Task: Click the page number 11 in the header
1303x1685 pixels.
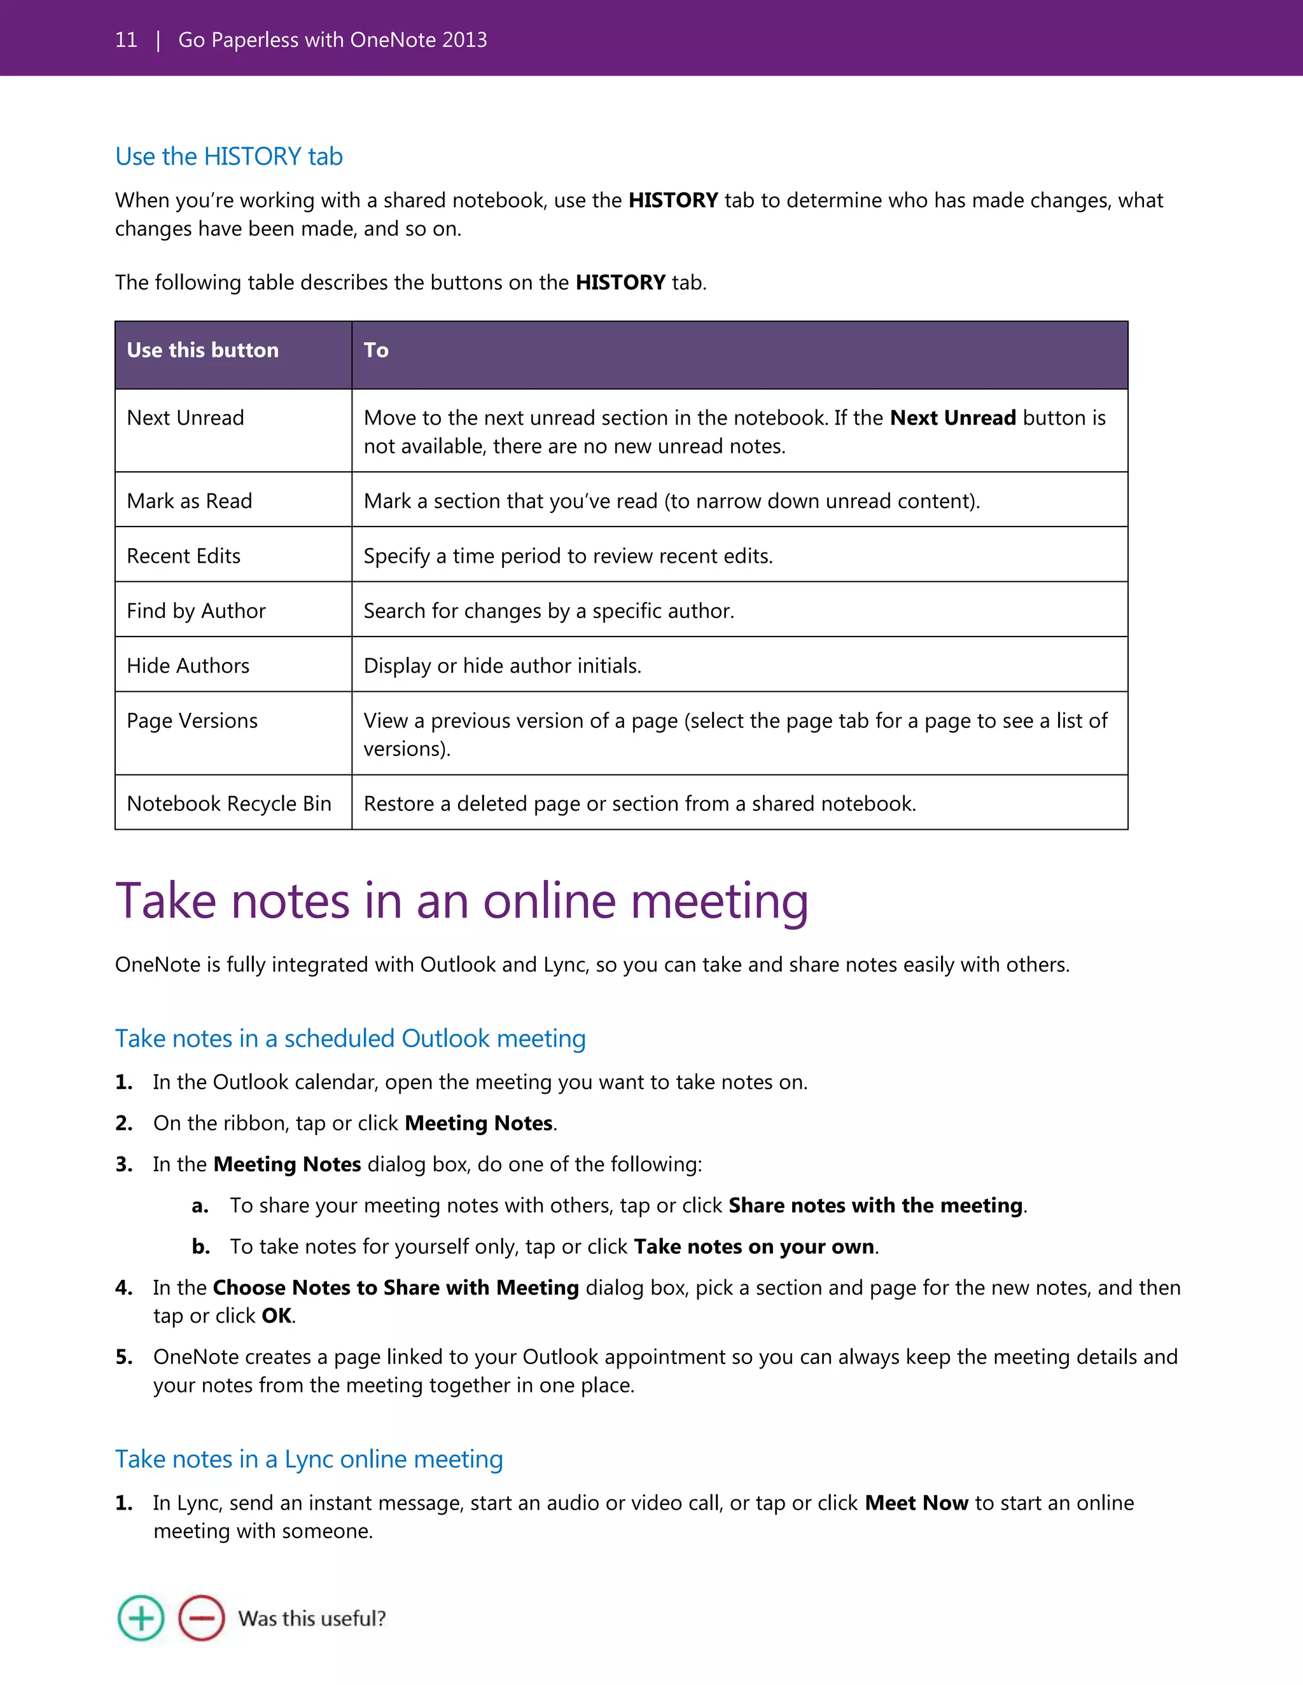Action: (x=126, y=39)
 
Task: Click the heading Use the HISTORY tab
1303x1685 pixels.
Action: (x=228, y=156)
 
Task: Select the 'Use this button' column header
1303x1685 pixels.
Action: (x=202, y=350)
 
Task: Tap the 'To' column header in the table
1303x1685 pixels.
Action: (x=376, y=350)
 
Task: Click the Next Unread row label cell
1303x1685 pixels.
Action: (x=185, y=418)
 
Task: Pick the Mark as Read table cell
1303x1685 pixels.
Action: (x=189, y=502)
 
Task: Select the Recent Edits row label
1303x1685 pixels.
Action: (x=184, y=556)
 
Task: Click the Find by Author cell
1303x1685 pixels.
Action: (x=196, y=611)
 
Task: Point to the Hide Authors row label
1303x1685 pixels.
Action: (x=188, y=666)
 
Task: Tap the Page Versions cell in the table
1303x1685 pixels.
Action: (x=192, y=720)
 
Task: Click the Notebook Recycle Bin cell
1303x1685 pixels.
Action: (x=229, y=804)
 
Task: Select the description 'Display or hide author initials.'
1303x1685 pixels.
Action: (x=503, y=666)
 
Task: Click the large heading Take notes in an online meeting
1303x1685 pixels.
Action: (x=462, y=900)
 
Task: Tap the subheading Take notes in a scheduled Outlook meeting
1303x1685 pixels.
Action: (x=351, y=1038)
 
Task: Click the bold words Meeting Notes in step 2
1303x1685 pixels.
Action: (x=478, y=1124)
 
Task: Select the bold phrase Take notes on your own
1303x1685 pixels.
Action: (x=753, y=1247)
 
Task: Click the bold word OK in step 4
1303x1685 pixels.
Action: (x=276, y=1316)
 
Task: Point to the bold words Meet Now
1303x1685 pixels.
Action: (x=916, y=1503)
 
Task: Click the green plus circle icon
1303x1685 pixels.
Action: (x=141, y=1618)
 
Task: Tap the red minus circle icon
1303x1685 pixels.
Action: (x=202, y=1618)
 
